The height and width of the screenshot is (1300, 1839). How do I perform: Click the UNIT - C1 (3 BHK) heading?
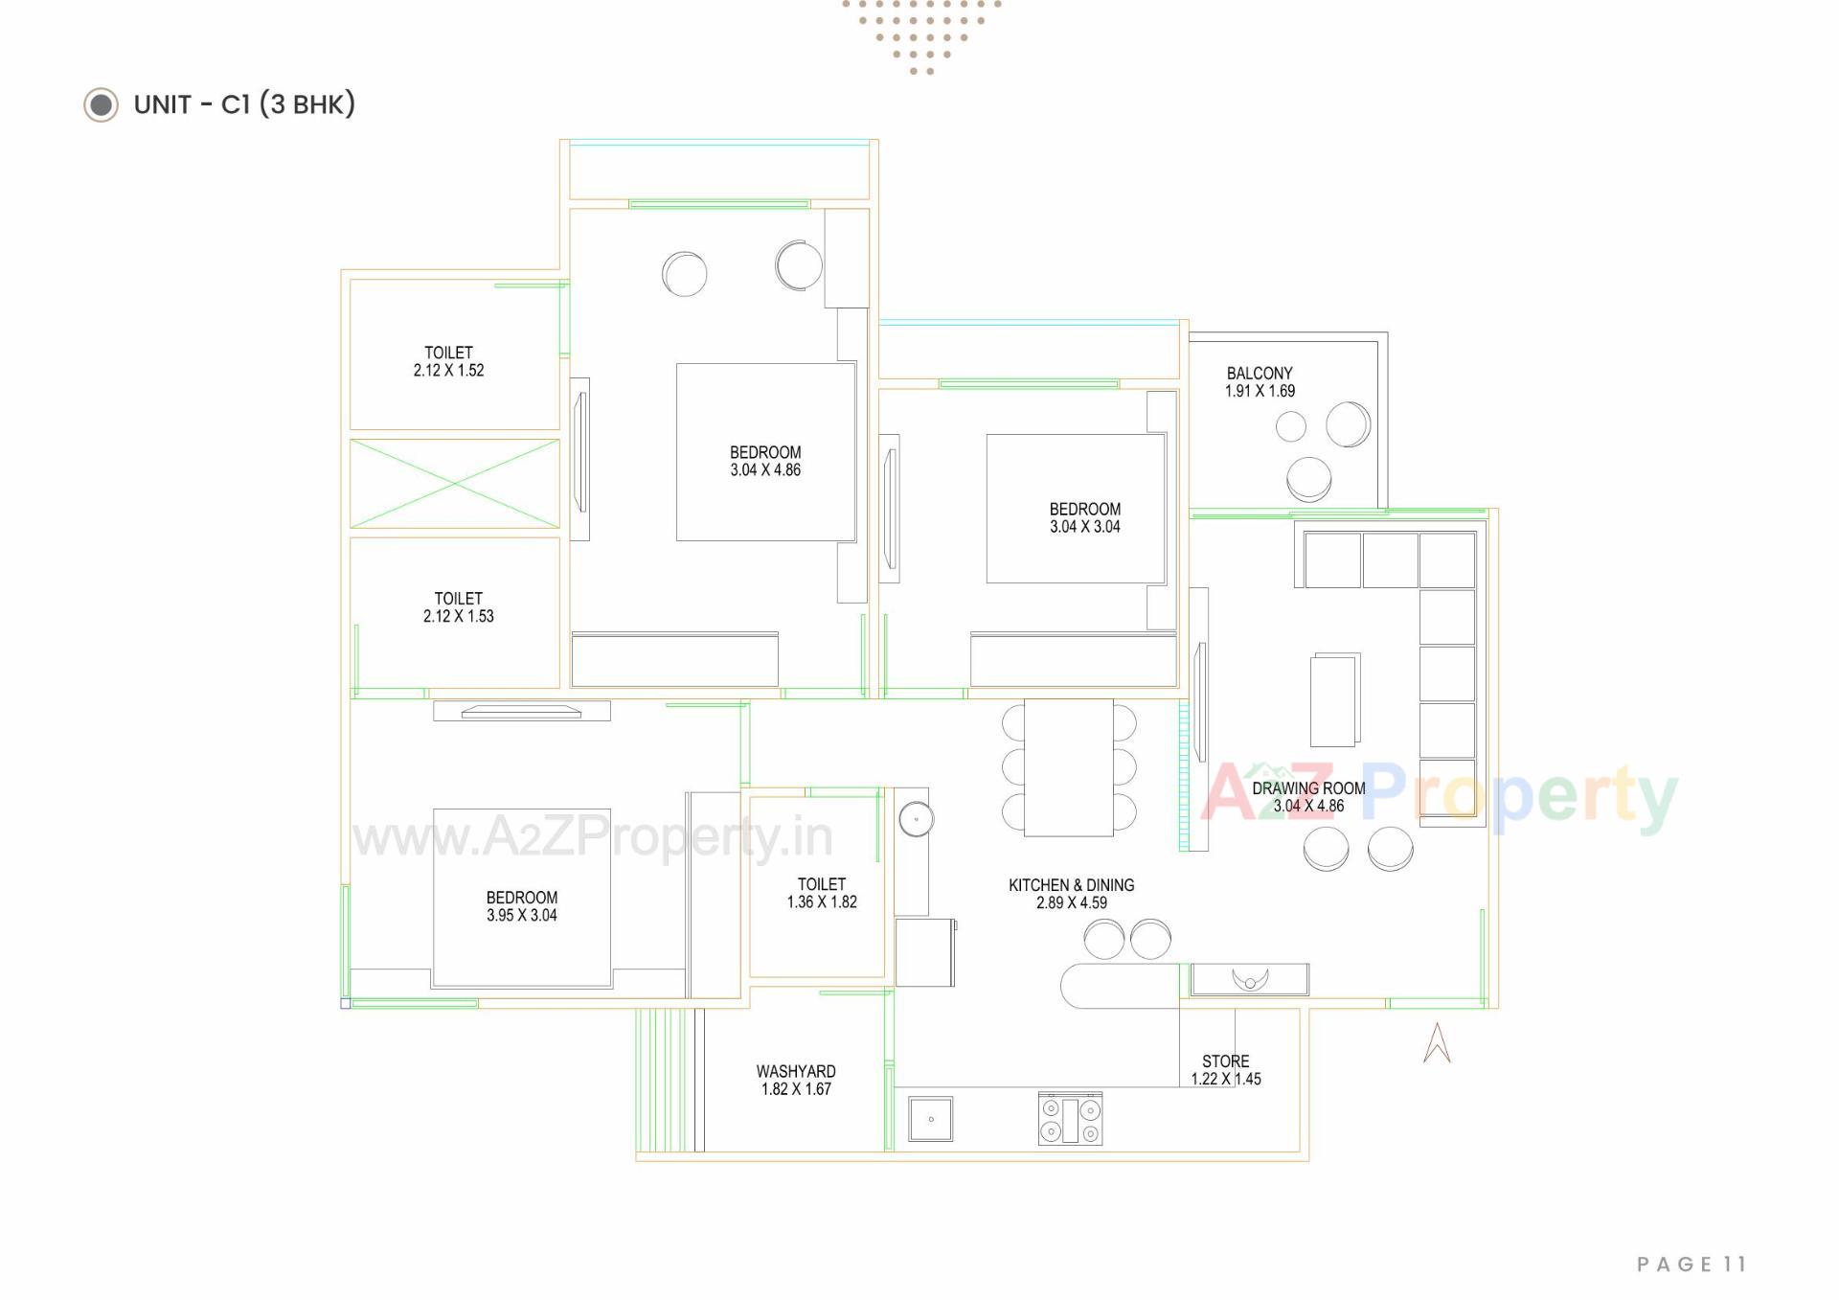[244, 104]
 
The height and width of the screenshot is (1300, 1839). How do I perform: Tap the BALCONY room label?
[1259, 374]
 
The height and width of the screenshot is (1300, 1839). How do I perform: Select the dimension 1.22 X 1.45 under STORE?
[1225, 1079]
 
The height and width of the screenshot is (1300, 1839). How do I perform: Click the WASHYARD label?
[795, 1071]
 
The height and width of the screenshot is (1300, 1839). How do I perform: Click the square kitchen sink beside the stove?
[930, 1119]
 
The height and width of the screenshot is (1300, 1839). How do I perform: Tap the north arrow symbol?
[1436, 1043]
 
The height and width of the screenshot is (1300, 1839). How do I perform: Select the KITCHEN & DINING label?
[1071, 885]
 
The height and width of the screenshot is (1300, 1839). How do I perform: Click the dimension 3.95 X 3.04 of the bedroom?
[521, 915]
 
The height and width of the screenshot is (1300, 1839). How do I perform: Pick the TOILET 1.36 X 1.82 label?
[821, 893]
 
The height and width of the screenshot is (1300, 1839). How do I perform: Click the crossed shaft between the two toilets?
[454, 484]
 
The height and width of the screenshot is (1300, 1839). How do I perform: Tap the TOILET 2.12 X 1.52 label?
[448, 361]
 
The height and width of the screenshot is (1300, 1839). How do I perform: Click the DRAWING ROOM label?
[1308, 788]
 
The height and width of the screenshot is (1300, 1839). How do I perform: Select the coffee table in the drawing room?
[1334, 699]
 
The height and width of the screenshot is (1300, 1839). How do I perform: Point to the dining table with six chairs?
[1068, 767]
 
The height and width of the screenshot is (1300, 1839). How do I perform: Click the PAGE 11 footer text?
[1691, 1265]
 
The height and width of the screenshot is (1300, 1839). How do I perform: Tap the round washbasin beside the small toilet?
[916, 819]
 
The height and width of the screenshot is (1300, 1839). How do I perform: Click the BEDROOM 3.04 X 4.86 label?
[764, 461]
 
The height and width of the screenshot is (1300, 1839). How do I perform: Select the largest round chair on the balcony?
[1347, 423]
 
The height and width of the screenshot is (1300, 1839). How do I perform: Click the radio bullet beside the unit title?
[101, 104]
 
